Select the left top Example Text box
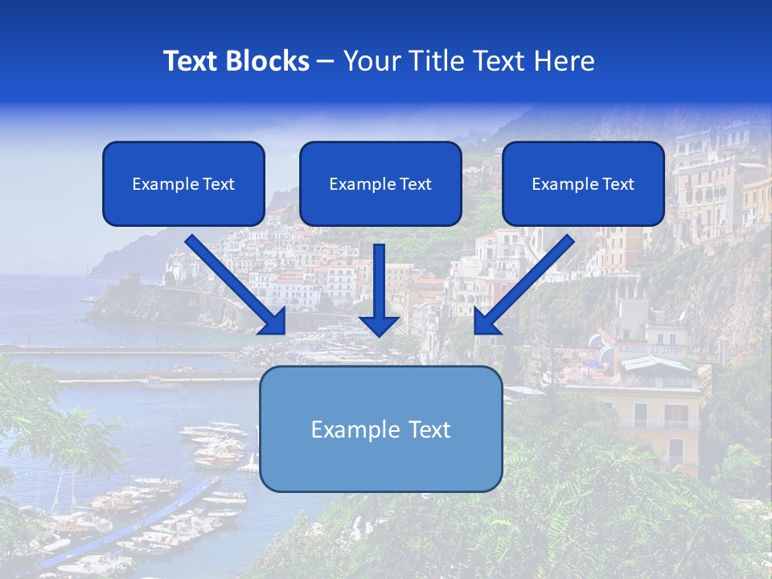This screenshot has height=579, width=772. pyautogui.click(x=183, y=183)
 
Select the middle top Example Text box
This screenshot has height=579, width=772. pyautogui.click(x=380, y=183)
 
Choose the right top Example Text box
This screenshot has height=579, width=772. pyautogui.click(x=583, y=183)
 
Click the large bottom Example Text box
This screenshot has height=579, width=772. pyautogui.click(x=380, y=429)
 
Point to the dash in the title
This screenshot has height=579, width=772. pyautogui.click(x=326, y=61)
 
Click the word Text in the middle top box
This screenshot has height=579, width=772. pyautogui.click(x=416, y=184)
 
